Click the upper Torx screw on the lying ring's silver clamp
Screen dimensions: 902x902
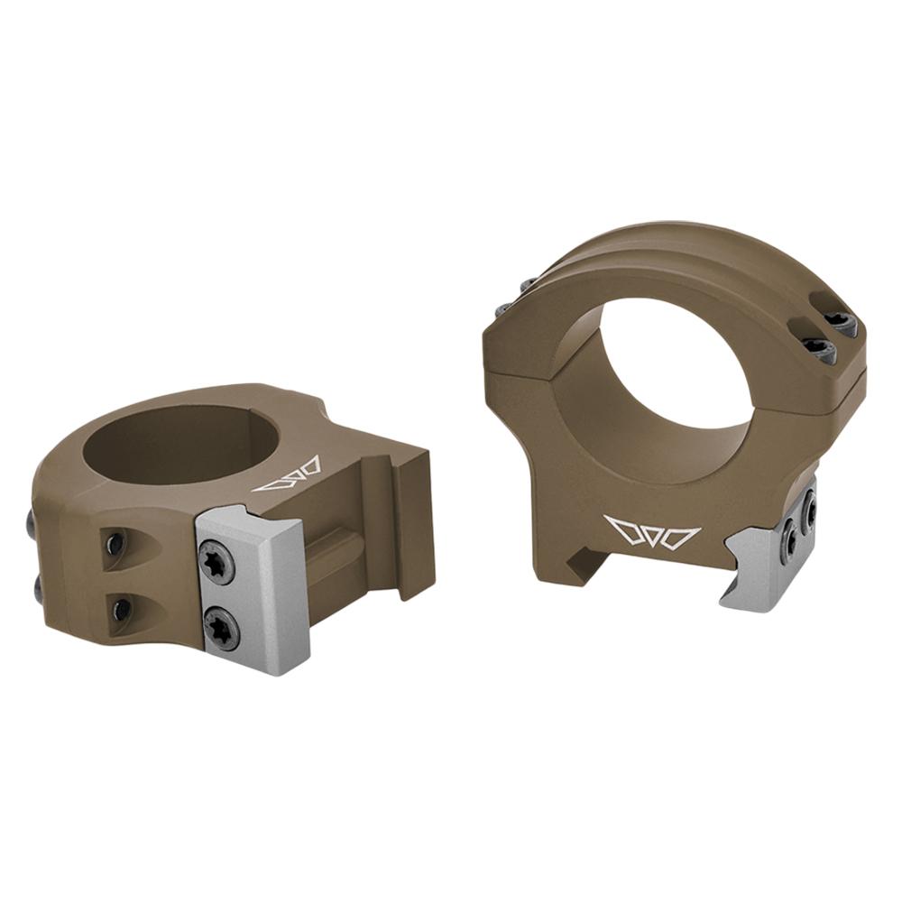[216, 563]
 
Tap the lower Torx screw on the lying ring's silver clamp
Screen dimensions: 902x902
[221, 625]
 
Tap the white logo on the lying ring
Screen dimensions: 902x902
[287, 475]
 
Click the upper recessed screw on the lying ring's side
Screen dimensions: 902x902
[115, 545]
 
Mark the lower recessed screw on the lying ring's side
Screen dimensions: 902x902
[119, 610]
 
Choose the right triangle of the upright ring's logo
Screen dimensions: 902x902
[683, 537]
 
